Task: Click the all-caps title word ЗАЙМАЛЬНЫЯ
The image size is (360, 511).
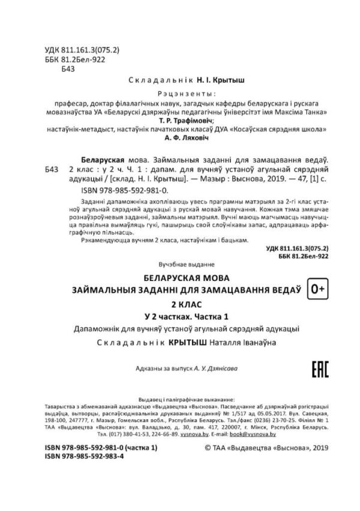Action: click(107, 290)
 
